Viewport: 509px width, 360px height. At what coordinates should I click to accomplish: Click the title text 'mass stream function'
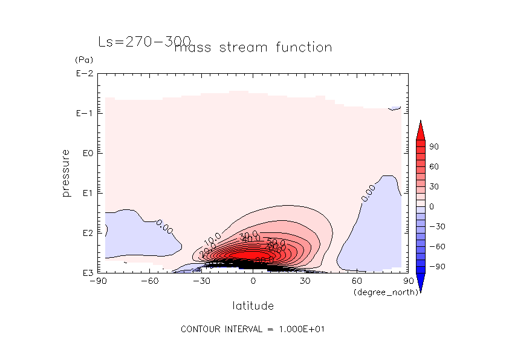coord(253,47)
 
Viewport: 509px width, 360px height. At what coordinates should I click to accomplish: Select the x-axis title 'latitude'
coord(253,306)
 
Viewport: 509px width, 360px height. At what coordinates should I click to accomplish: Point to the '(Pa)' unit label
coord(83,61)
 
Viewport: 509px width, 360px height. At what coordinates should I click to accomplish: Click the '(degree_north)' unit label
coord(380,292)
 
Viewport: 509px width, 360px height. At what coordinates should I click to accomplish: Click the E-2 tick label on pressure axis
coord(84,74)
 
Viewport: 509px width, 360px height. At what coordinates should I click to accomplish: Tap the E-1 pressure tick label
coord(84,114)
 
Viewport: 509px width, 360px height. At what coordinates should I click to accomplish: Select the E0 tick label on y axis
coord(86,154)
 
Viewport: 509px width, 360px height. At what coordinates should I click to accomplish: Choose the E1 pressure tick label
coord(86,193)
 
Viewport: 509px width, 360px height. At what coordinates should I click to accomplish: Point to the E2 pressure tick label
coord(86,233)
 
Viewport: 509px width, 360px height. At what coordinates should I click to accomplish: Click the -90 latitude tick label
coord(98,281)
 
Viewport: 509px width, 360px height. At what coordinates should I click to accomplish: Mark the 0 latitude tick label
coord(253,281)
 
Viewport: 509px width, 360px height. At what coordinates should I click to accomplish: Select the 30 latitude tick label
coord(305,281)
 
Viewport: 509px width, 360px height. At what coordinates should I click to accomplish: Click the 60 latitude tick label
coord(357,281)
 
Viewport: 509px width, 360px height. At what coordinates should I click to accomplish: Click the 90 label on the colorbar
coord(434,147)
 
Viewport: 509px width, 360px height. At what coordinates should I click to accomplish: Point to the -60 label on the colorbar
coord(436,246)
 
